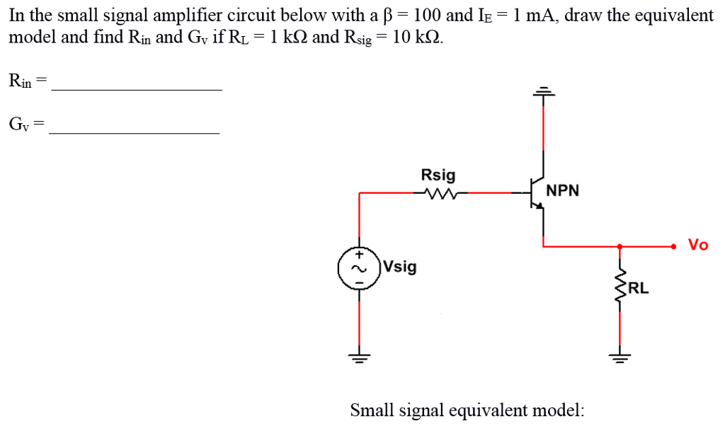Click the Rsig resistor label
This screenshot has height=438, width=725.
point(438,175)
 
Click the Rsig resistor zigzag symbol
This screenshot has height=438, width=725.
point(438,192)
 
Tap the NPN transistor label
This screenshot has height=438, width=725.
point(563,191)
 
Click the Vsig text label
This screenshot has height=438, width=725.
point(400,267)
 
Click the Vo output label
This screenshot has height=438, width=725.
point(698,246)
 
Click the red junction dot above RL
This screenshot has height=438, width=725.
point(620,246)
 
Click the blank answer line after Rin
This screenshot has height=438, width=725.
point(137,88)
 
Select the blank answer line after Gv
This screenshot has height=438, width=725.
point(135,132)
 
